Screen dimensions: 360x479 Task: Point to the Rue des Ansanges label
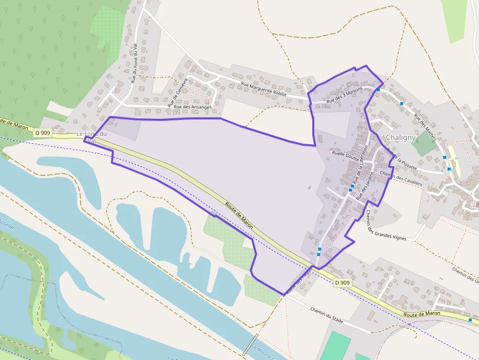[x=193, y=107]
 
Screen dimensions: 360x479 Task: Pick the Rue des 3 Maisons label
[x=345, y=94]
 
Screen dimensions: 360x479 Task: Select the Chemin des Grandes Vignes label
[x=386, y=225]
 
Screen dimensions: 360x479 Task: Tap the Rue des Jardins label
[x=365, y=186]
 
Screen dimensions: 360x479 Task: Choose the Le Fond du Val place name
[x=92, y=137]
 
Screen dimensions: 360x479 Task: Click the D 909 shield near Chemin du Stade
[x=343, y=283]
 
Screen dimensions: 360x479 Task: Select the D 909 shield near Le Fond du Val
[x=43, y=132]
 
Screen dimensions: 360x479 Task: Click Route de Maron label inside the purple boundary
[x=239, y=215]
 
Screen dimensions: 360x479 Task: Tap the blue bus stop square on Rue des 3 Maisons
[x=378, y=90]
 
